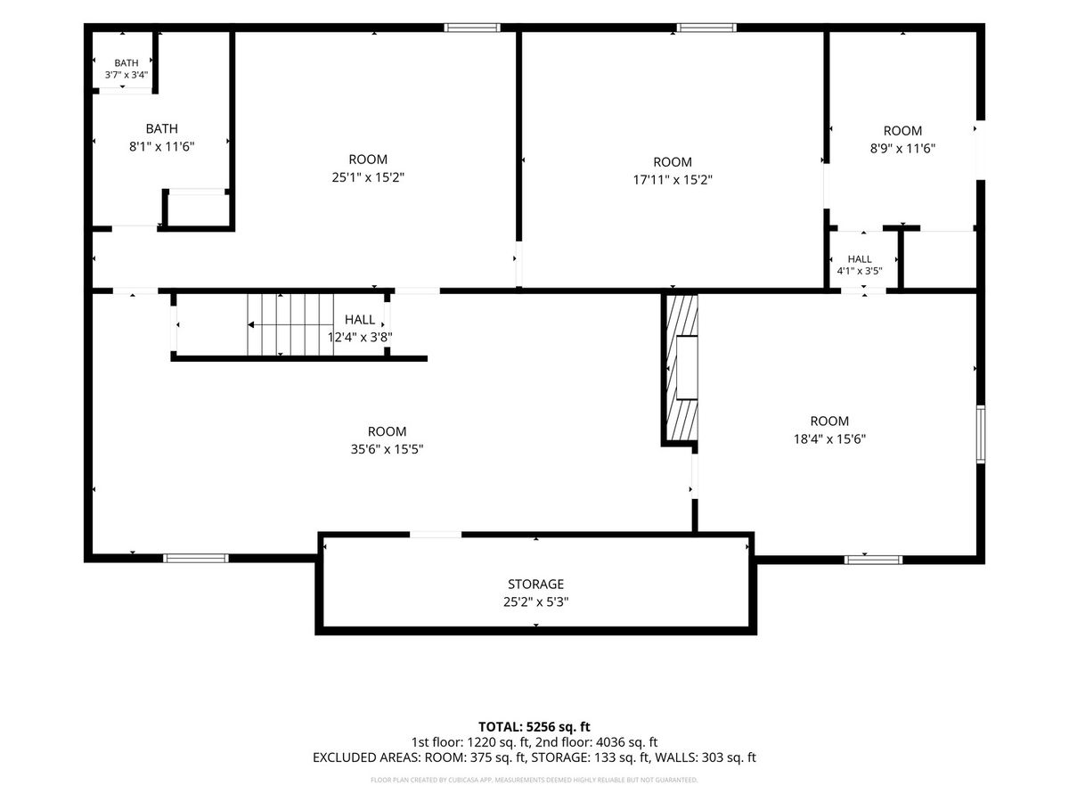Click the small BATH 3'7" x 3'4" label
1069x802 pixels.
pos(126,69)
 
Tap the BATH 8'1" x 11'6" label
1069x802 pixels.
pos(162,137)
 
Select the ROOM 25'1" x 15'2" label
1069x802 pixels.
pos(368,168)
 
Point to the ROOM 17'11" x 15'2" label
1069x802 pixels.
pos(672,170)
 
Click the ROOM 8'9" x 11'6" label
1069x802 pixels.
pos(902,139)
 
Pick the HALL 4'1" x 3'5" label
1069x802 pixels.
pos(860,265)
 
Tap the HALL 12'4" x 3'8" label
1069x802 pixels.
pos(360,328)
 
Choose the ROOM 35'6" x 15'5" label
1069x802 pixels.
pos(387,439)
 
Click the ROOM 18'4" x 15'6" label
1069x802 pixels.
pos(829,430)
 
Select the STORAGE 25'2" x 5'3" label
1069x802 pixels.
pos(535,593)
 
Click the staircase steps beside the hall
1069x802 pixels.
pos(290,324)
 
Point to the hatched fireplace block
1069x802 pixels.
pos(681,369)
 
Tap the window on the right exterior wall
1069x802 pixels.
pos(981,434)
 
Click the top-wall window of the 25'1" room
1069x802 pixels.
pos(472,28)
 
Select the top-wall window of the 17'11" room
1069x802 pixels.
pos(706,28)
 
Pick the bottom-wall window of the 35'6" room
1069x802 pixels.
pos(195,558)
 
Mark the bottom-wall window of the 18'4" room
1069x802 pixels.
pos(873,560)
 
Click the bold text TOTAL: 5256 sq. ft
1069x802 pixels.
pos(534,726)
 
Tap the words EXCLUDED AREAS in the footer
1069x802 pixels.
pos(366,757)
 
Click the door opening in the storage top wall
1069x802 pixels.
pos(436,535)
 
